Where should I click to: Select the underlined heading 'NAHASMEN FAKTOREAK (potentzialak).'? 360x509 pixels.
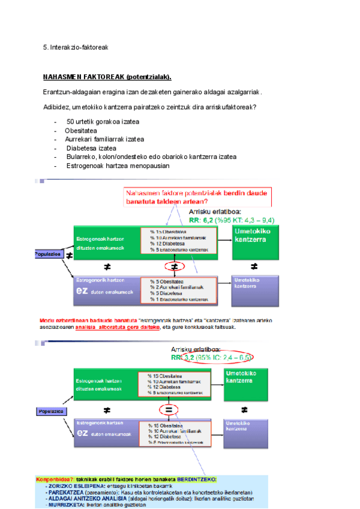click(x=107, y=77)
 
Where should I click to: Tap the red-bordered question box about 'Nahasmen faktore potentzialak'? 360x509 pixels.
click(x=197, y=197)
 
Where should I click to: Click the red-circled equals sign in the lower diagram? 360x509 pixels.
click(x=169, y=409)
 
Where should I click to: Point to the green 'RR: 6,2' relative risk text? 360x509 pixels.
click(x=231, y=220)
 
